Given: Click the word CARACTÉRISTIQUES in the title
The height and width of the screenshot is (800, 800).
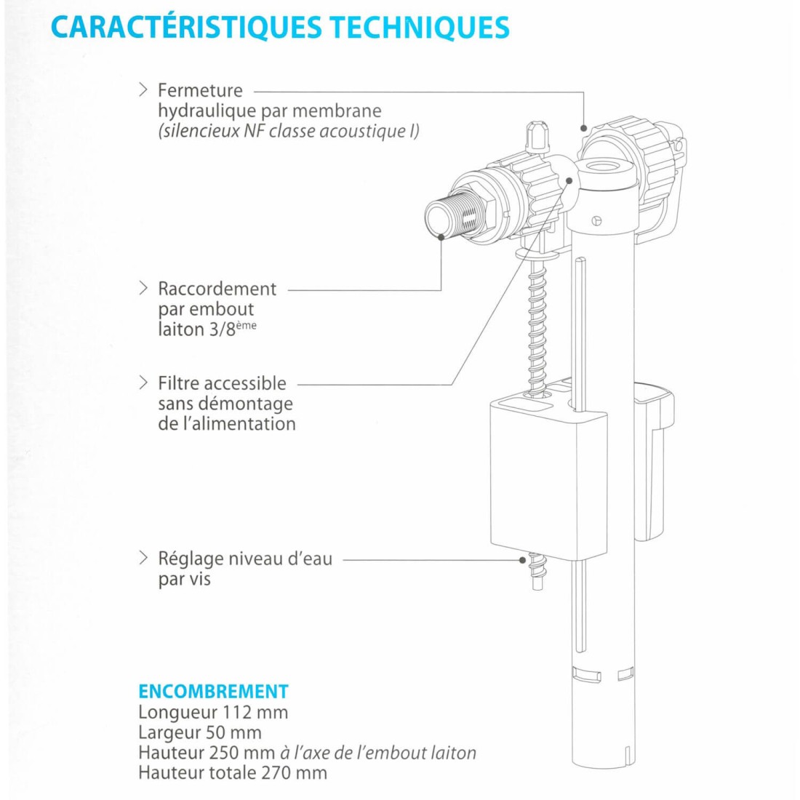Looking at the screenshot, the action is point(186,27).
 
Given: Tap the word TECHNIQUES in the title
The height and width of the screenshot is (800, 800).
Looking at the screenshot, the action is point(420,28).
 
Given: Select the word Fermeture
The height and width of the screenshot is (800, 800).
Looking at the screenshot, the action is point(200,90).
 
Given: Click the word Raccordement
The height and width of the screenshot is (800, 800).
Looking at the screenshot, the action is point(217,289).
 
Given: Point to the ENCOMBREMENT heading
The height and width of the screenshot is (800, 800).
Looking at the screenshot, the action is point(213,692).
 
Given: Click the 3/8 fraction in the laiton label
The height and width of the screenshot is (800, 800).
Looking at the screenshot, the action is point(222,329).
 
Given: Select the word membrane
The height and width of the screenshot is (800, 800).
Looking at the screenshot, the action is point(337,111).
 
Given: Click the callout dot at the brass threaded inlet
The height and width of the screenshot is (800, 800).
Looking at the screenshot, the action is point(441,237).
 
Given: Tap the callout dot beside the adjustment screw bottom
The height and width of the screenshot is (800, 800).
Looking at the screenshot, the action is point(522,560).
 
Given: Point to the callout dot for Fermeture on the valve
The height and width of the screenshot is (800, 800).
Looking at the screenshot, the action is point(584,128).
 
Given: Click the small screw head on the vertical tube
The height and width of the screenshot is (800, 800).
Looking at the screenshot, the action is point(597,221).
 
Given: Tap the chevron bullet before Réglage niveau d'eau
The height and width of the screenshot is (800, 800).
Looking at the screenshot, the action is point(143,558).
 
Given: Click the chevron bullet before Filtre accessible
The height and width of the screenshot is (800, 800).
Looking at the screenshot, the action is point(143,383).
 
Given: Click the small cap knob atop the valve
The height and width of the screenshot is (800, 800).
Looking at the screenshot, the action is point(537,136).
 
